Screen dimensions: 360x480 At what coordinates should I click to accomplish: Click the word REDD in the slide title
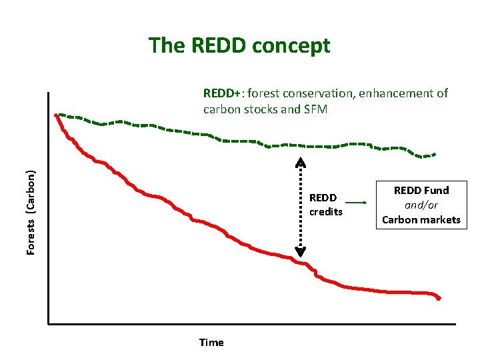pyautogui.click(x=214, y=45)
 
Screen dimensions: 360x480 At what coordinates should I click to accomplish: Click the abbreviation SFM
pyautogui.click(x=315, y=109)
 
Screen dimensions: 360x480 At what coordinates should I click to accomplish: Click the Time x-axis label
pyautogui.click(x=211, y=343)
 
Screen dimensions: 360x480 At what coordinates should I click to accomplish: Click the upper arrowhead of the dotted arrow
pyautogui.click(x=301, y=162)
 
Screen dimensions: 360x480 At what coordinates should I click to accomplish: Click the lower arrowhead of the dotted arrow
pyautogui.click(x=301, y=252)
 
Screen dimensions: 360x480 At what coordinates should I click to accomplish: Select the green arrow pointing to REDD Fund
pyautogui.click(x=357, y=202)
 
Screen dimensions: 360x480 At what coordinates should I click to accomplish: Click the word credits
pyautogui.click(x=325, y=212)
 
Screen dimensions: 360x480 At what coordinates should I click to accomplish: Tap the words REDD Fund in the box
pyautogui.click(x=421, y=191)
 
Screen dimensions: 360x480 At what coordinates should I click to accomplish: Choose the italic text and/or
pyautogui.click(x=421, y=205)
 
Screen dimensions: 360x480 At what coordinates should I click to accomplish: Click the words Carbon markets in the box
pyautogui.click(x=421, y=220)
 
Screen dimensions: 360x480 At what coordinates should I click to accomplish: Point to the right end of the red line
pyautogui.click(x=439, y=299)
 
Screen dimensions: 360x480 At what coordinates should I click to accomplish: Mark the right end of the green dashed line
pyautogui.click(x=435, y=154)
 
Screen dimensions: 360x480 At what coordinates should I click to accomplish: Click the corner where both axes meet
pyautogui.click(x=49, y=324)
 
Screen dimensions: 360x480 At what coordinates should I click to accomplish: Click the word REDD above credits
pyautogui.click(x=323, y=198)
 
